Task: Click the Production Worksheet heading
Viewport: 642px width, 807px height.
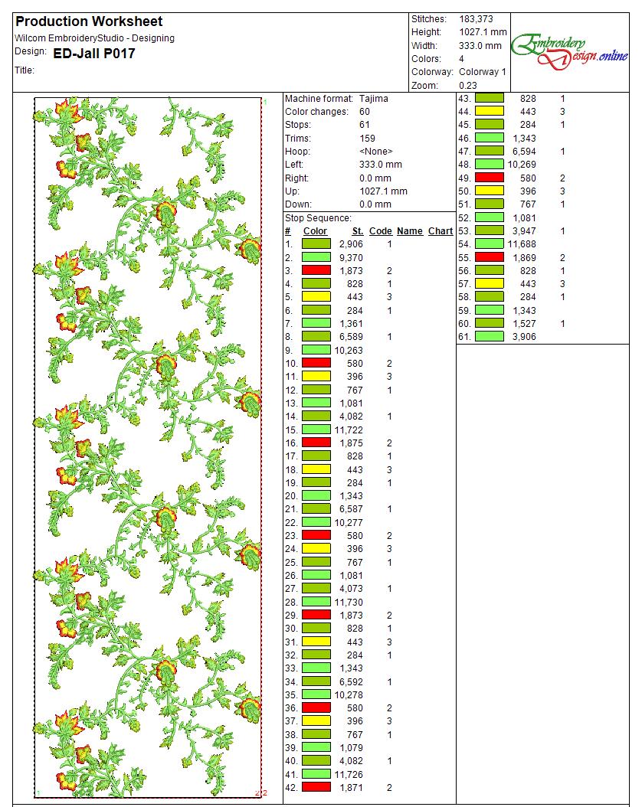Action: (x=89, y=21)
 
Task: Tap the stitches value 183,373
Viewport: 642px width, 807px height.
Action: (x=476, y=18)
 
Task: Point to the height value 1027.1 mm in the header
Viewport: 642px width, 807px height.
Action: (x=483, y=32)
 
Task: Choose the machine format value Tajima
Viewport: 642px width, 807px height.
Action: (x=374, y=99)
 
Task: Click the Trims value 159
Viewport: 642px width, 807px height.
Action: (x=367, y=139)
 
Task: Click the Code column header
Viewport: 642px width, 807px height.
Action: (x=380, y=231)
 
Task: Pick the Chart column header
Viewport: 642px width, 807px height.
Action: (x=440, y=231)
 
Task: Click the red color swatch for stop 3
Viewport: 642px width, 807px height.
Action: (x=316, y=271)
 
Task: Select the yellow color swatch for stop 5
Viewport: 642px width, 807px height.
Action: (x=316, y=297)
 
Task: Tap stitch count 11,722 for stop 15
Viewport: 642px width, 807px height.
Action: (x=349, y=430)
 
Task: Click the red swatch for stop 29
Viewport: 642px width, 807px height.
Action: (x=316, y=616)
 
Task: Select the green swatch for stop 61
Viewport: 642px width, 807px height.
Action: (x=490, y=337)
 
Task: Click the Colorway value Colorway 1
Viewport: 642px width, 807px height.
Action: (x=483, y=72)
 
